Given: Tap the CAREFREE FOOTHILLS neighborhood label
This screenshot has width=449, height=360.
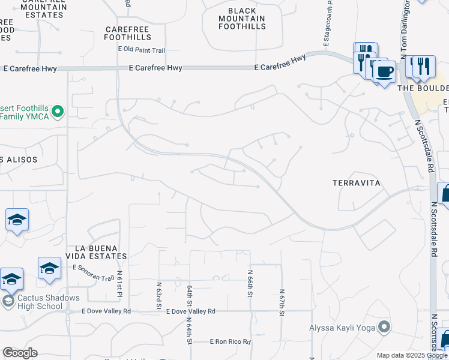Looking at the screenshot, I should point(127,32).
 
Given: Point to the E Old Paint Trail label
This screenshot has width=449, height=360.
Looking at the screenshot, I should point(142,49).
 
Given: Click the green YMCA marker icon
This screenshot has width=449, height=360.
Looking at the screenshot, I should point(58,110).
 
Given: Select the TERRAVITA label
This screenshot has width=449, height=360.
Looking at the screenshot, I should point(357,182).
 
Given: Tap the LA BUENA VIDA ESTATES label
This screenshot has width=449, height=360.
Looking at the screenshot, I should point(101,252).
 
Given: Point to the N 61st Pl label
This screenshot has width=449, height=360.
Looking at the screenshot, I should point(120,283).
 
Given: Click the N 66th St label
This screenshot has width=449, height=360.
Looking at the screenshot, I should point(250,282).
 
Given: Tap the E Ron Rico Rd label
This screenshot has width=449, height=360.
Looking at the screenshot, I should point(230,341).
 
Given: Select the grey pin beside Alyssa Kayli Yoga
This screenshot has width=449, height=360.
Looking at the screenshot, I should point(384,328).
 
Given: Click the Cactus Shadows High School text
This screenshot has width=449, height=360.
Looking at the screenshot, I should point(40,302).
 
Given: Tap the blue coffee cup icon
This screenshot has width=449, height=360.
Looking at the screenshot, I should point(384,72).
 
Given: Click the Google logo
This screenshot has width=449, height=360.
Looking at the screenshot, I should point(20,353).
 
